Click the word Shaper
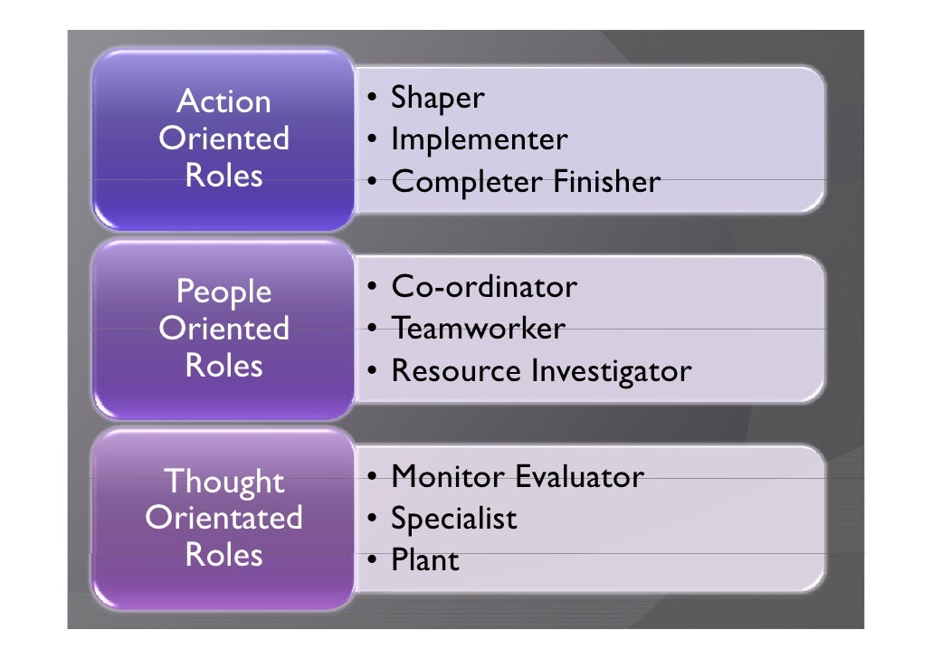[437, 99]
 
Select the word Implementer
[479, 140]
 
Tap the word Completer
[465, 183]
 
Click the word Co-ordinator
[483, 288]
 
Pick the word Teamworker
[478, 329]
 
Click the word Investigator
[611, 371]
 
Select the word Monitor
[448, 476]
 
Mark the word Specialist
[453, 519]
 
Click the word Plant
[424, 560]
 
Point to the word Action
[224, 101]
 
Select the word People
[224, 291]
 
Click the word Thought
[224, 482]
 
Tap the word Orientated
[224, 518]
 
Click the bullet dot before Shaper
[372, 99]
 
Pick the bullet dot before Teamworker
[372, 329]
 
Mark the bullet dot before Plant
[372, 561]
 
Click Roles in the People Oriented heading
[224, 366]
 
